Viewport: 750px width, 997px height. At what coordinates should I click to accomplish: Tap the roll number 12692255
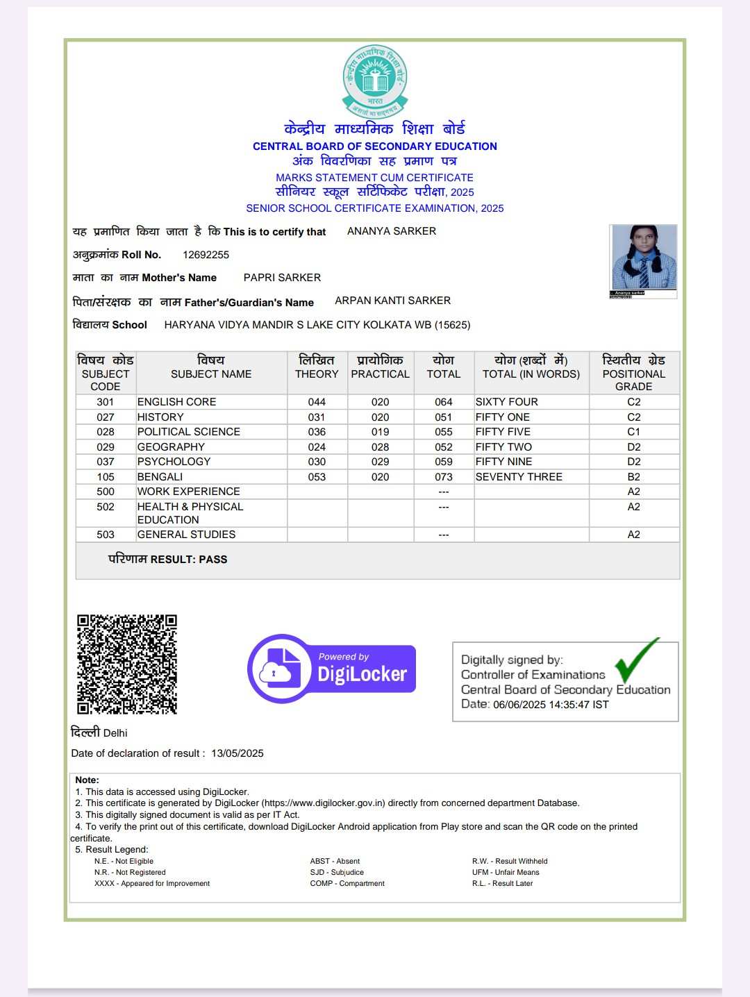tap(206, 255)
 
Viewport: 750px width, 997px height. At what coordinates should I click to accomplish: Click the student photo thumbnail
tap(643, 258)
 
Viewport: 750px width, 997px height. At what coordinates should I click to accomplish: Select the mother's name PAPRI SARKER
tap(282, 278)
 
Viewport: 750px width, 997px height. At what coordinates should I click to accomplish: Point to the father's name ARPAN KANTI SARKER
tap(392, 301)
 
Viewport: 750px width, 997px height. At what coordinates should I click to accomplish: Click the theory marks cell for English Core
tap(317, 402)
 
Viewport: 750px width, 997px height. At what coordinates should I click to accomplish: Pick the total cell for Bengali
tap(444, 477)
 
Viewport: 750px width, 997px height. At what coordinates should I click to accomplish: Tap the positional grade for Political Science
tap(633, 432)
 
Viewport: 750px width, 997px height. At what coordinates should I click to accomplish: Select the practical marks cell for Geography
tap(380, 447)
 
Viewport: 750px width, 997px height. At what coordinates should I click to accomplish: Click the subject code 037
tap(106, 462)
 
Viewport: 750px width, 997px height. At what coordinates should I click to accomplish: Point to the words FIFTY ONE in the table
tap(502, 417)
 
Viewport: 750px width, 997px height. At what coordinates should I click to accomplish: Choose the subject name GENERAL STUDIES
tap(186, 535)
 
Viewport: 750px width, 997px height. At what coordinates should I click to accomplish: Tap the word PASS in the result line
tap(212, 560)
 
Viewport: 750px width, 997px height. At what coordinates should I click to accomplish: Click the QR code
tap(127, 664)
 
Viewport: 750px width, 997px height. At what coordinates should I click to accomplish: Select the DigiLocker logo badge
tap(332, 669)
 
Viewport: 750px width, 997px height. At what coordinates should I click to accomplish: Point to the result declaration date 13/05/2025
tap(237, 753)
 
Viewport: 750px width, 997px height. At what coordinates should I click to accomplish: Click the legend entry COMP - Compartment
tap(347, 884)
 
